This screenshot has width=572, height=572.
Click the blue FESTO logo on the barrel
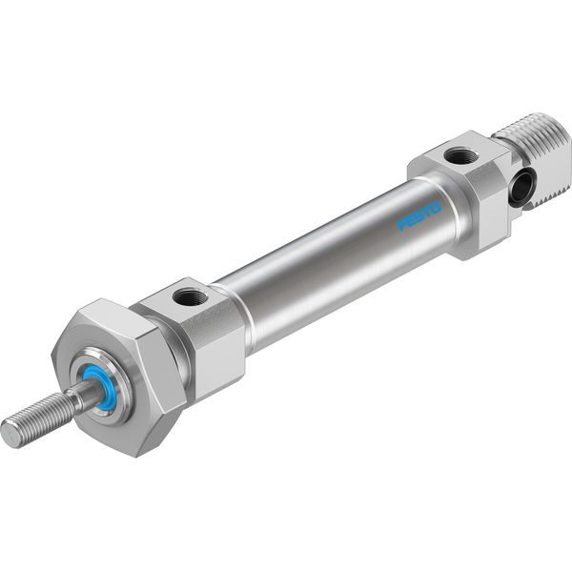coord(419,217)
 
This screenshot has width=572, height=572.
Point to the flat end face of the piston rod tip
coord(8,433)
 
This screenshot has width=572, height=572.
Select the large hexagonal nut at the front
coord(116,376)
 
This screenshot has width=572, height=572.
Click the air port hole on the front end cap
coord(190,297)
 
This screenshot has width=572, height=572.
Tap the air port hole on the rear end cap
coord(460,155)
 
